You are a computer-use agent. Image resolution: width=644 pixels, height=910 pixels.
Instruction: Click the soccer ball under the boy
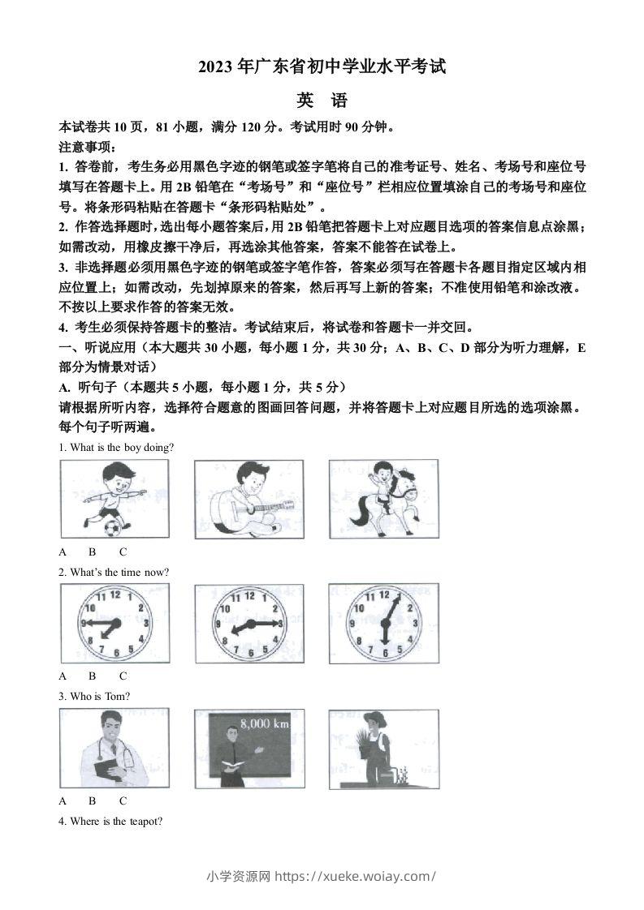(112, 529)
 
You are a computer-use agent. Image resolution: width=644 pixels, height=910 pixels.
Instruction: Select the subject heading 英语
(322, 101)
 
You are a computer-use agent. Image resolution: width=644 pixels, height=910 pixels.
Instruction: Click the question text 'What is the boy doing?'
(116, 447)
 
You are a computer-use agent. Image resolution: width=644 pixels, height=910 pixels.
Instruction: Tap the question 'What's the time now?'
(114, 572)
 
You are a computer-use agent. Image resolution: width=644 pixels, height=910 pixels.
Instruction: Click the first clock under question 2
(115, 624)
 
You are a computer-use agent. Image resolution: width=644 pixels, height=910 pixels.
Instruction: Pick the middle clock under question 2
(249, 624)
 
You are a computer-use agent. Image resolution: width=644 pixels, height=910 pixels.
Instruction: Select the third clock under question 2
(383, 624)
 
